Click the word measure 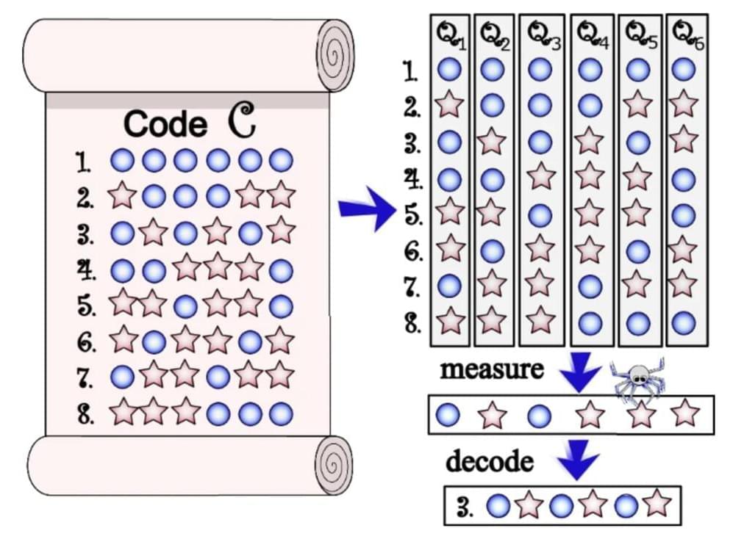point(491,369)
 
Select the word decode point(489,461)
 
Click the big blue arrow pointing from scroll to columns point(365,209)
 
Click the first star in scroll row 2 point(122,195)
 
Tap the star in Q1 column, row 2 point(449,104)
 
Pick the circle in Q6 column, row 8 point(684,322)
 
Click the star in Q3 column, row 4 point(540,176)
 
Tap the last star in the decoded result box point(657,504)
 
